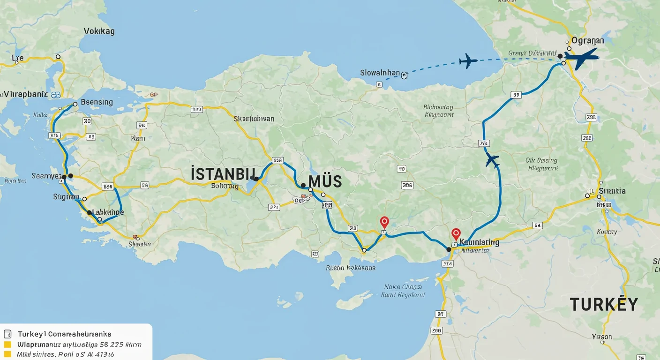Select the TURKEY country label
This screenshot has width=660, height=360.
point(604,305)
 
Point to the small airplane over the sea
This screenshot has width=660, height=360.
point(467,61)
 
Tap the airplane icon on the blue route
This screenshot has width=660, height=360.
point(492,160)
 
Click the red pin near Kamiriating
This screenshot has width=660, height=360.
point(456,233)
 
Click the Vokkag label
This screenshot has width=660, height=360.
point(99,31)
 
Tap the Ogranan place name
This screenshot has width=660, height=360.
point(587,40)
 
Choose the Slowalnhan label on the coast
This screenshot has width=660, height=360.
point(380,73)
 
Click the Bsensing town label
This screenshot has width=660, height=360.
point(97,102)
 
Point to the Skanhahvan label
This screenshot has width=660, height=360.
point(254,119)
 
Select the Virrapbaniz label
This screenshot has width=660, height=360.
point(26,94)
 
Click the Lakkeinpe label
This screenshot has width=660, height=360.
point(108,212)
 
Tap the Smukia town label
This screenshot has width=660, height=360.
point(612,191)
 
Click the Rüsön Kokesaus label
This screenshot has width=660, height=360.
point(351,268)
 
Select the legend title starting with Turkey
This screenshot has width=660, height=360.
point(64,334)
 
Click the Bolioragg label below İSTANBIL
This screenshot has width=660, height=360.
point(225,186)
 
